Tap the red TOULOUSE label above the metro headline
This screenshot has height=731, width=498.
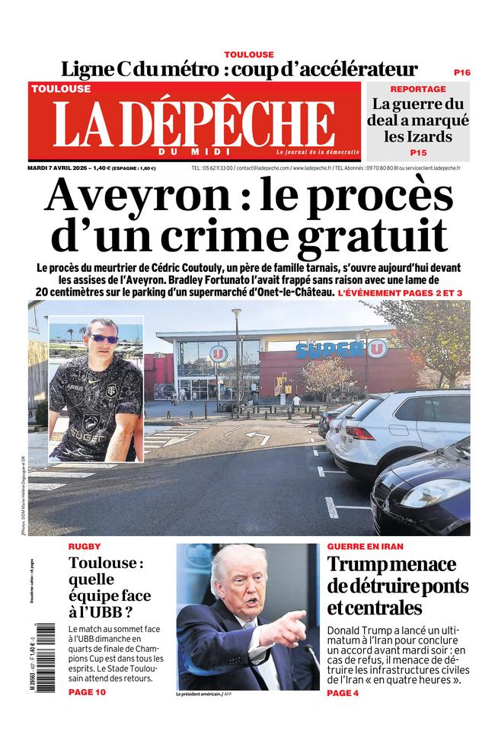click(249, 55)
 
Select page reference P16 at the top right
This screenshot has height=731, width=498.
click(461, 72)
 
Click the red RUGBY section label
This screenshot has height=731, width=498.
click(85, 547)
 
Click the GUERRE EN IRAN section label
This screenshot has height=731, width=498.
click(366, 547)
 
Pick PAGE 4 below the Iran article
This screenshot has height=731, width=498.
click(343, 693)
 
